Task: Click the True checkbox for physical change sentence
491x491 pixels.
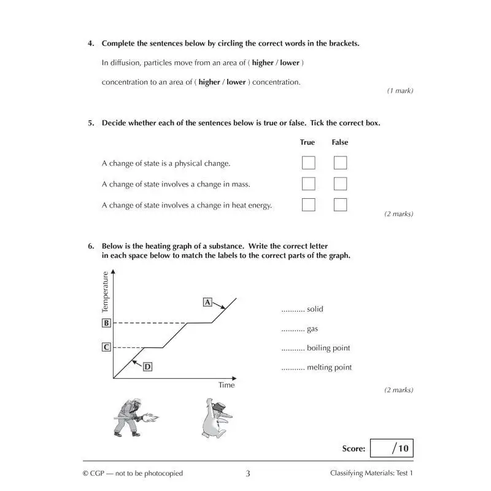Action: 308,163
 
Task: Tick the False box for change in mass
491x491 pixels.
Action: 340,184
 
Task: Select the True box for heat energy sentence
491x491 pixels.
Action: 308,205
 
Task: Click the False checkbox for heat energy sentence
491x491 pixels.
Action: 340,205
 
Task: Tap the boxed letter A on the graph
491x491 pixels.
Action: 207,302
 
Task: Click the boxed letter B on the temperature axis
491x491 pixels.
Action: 106,323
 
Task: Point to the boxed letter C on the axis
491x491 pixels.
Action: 106,347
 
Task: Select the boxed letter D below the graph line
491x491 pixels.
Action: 148,366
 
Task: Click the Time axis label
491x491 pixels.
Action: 226,385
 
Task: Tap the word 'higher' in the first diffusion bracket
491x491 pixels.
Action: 263,63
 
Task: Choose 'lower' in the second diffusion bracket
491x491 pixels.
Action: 236,82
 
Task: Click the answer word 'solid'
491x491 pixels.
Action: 315,309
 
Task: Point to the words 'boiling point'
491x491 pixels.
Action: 328,348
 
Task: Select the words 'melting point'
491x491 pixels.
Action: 330,368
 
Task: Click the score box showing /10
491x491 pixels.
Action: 392,448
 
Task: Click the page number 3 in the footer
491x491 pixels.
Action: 247,473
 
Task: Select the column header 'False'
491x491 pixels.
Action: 339,142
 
